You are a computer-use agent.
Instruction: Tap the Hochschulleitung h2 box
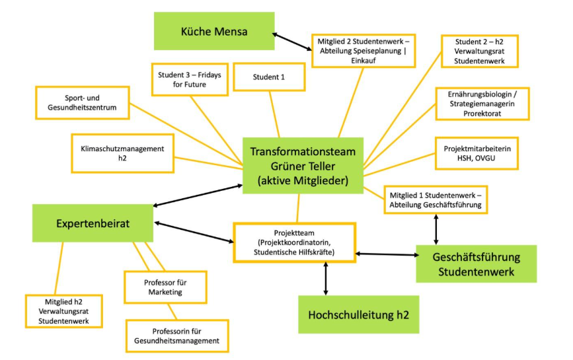358,314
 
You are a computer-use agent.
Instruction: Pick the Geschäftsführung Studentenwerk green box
476,264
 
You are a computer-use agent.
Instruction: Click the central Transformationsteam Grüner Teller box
303,165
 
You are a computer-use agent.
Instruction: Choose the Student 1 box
269,77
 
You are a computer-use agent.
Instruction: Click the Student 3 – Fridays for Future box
189,80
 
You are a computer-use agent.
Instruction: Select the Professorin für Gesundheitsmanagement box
176,336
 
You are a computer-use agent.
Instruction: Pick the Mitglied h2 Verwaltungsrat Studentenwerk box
64,310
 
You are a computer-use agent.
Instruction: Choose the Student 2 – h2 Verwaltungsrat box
480,50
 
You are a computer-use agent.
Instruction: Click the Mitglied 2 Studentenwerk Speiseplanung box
364,50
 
